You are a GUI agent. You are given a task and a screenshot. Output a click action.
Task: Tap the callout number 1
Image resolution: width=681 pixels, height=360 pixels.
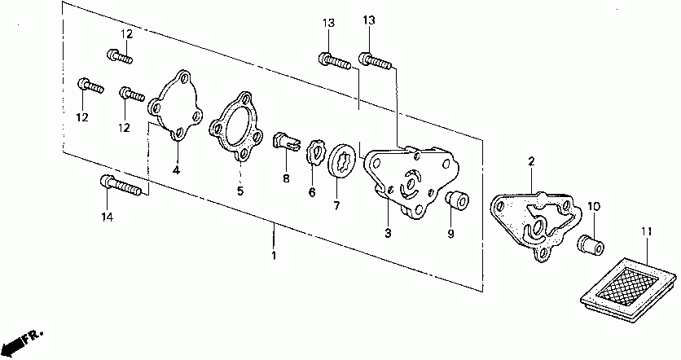point(274,256)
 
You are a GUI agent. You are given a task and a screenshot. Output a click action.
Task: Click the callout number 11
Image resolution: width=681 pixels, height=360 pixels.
point(646,233)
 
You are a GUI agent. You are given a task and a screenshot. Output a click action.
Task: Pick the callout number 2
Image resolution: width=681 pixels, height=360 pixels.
point(530,163)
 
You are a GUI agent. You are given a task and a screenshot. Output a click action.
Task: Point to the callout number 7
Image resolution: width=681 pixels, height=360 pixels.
point(336,205)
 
